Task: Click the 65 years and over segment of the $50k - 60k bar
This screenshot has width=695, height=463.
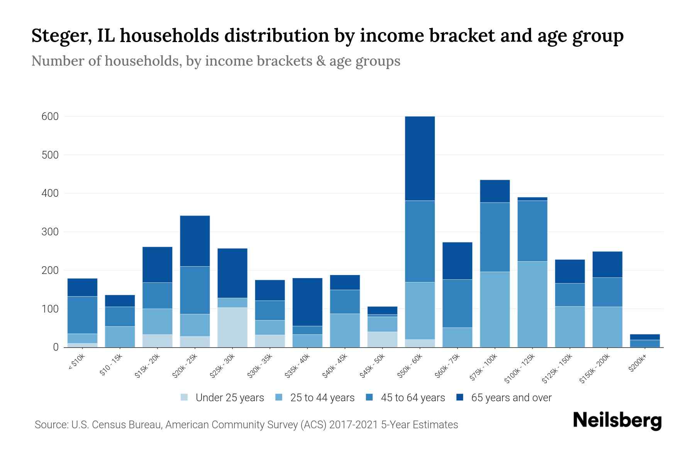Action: [x=420, y=158]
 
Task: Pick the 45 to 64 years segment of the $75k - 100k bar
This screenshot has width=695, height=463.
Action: [x=495, y=237]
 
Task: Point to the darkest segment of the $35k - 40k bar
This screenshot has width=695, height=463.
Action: [x=307, y=302]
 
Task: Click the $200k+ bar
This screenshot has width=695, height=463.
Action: [x=645, y=341]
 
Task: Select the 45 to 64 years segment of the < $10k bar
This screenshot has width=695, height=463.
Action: [x=82, y=315]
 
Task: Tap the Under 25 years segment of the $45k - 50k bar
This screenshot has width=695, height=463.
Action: [x=382, y=339]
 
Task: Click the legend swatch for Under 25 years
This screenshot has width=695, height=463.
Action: [x=185, y=397]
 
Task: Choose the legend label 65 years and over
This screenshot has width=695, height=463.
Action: [x=511, y=398]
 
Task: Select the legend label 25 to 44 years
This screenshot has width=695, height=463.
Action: [x=322, y=398]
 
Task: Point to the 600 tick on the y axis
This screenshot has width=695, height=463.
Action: [x=50, y=117]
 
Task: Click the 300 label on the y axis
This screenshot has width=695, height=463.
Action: [x=50, y=232]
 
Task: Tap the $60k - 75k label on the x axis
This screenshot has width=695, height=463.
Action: [x=446, y=366]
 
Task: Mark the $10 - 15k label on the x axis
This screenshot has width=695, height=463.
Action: [x=111, y=365]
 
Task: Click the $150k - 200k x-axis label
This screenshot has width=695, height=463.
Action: [x=595, y=368]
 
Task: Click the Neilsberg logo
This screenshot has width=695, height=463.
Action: [x=617, y=421]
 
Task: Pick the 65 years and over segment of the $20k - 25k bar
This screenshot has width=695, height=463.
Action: [x=195, y=241]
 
